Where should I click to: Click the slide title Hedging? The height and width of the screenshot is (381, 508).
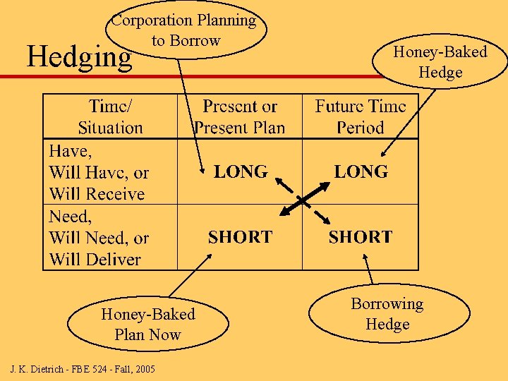(79, 56)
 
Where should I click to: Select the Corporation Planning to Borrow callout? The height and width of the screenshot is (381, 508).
(186, 30)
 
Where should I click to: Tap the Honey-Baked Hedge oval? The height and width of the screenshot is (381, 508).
(440, 62)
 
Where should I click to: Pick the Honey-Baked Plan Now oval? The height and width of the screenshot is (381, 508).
(148, 324)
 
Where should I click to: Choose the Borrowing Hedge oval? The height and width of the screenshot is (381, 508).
(387, 313)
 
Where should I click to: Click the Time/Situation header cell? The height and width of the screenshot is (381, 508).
(110, 117)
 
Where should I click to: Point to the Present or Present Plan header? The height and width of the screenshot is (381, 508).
(240, 117)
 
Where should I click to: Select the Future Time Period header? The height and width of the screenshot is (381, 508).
(361, 117)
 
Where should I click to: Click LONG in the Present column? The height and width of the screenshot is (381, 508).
(241, 171)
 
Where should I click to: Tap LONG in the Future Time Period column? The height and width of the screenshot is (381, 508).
(361, 171)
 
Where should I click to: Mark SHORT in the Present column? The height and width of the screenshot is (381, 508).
(240, 237)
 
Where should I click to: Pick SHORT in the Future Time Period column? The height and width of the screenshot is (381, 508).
(361, 237)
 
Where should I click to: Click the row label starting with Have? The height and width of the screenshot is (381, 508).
(99, 172)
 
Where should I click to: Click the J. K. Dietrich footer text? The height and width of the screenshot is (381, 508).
(83, 369)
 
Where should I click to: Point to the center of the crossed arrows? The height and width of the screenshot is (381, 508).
(301, 200)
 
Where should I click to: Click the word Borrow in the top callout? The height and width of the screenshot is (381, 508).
(195, 41)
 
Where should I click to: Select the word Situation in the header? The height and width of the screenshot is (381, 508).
(110, 128)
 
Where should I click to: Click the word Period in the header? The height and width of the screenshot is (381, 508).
(361, 128)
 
